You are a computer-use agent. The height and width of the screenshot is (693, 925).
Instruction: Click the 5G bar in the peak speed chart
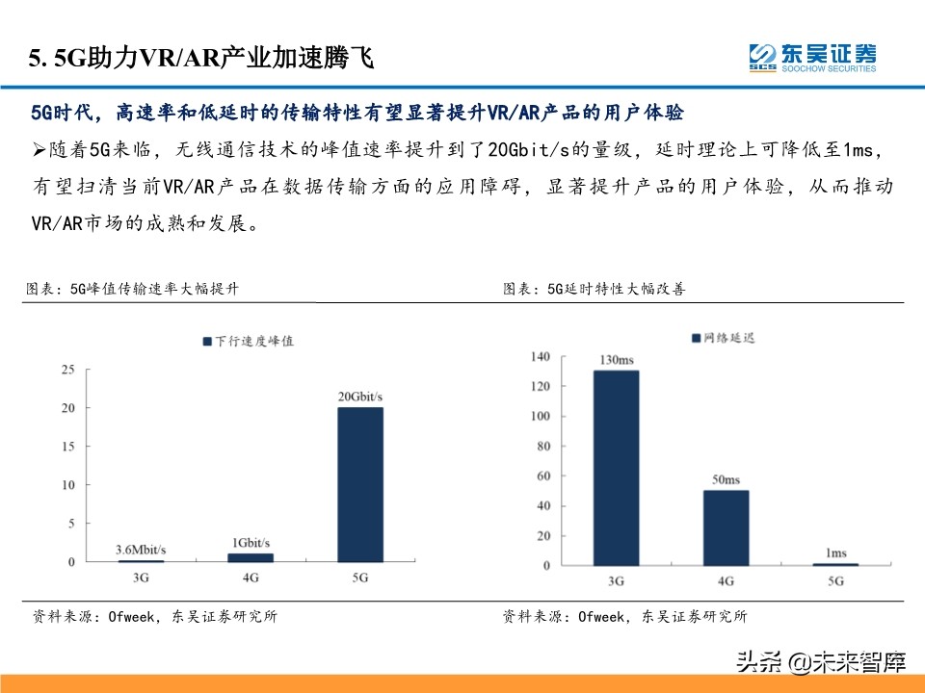(x=359, y=484)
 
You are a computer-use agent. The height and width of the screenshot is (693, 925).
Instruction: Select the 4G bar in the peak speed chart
(x=251, y=557)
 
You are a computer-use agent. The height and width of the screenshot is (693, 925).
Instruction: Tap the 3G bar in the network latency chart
(x=616, y=468)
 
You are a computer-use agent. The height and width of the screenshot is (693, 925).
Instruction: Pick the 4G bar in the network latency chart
(x=726, y=527)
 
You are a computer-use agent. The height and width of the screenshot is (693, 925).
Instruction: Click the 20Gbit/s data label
(x=359, y=398)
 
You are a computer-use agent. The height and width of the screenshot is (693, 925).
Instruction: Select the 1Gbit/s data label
(x=251, y=543)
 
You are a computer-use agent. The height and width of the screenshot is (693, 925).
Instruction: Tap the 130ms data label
(x=616, y=360)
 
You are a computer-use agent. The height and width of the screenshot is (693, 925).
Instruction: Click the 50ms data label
(x=726, y=479)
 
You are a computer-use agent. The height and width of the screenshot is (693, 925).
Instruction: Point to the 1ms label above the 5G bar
(x=836, y=552)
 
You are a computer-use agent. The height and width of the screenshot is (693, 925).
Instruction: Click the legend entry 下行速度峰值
(x=248, y=341)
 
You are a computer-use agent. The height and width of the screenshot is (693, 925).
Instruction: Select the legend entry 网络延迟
(x=723, y=338)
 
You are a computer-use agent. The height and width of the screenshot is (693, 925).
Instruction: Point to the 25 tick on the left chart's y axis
(x=67, y=370)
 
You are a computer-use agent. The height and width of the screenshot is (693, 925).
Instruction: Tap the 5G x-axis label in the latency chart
(x=835, y=581)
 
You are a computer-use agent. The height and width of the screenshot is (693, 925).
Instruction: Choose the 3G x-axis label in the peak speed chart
(x=141, y=577)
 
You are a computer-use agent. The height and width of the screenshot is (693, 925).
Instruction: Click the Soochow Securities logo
(x=812, y=57)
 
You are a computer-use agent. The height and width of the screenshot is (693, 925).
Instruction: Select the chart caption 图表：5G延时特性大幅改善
(x=595, y=289)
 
